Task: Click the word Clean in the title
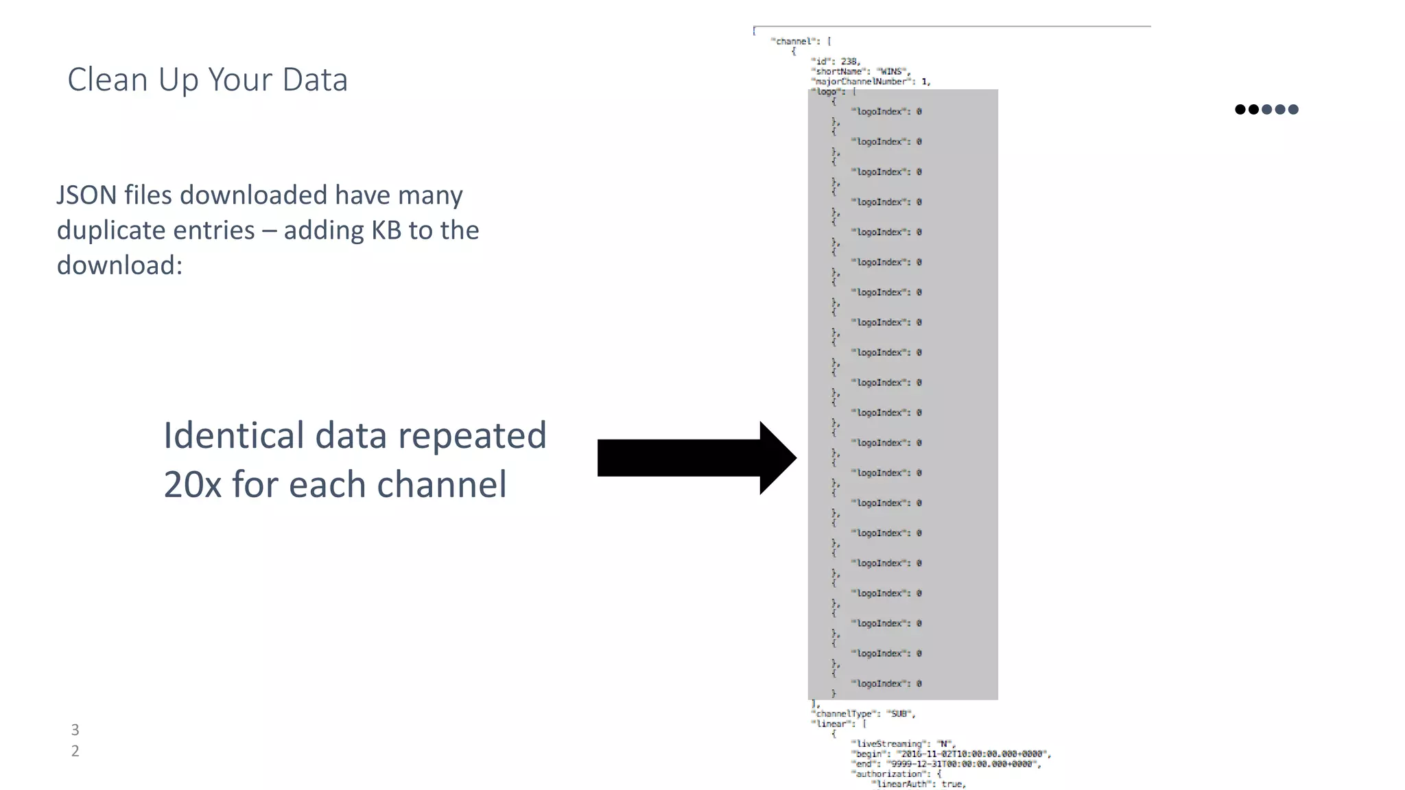click(x=108, y=80)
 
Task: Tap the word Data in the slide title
click(x=315, y=80)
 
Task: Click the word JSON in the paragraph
click(x=86, y=195)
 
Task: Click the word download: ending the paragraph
click(x=119, y=265)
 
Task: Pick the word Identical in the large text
click(x=233, y=435)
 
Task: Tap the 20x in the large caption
click(x=192, y=484)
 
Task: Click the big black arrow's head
click(x=777, y=458)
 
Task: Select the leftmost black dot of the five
click(x=1240, y=110)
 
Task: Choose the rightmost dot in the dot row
click(x=1293, y=110)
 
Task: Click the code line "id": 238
click(x=835, y=62)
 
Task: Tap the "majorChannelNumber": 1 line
click(x=870, y=82)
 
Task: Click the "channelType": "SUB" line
click(x=863, y=714)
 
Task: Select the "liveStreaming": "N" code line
click(x=904, y=744)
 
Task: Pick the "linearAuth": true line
click(x=918, y=784)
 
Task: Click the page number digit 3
click(x=75, y=730)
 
